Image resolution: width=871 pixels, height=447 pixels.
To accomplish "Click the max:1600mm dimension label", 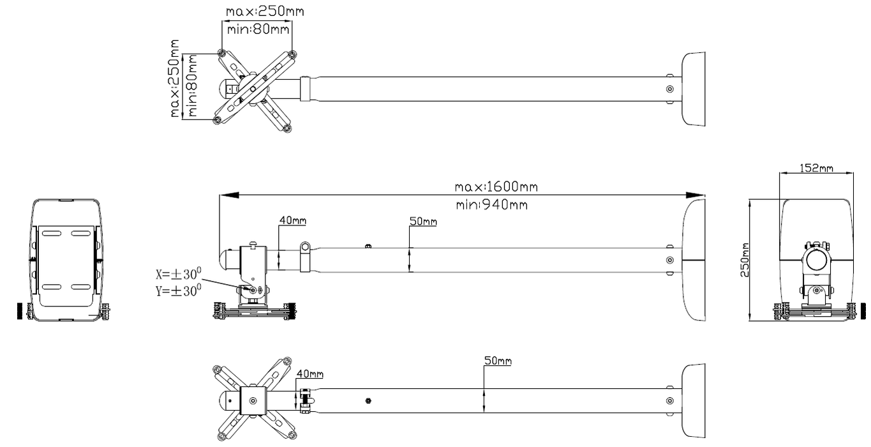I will click(496, 187).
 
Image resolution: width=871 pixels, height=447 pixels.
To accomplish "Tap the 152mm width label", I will click(816, 168).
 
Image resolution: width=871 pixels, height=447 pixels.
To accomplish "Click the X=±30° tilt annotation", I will click(179, 275).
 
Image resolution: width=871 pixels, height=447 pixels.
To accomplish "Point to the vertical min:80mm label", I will click(192, 86).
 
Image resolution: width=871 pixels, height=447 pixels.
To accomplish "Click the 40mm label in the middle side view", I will click(292, 221).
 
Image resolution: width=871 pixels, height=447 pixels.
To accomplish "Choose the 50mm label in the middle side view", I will click(423, 222).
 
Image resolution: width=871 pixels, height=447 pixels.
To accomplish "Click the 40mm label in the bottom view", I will click(309, 374).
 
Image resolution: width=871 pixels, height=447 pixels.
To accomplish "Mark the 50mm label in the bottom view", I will click(498, 361).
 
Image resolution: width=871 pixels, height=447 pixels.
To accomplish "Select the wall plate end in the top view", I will click(694, 89).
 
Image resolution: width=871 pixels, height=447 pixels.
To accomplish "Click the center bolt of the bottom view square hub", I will click(253, 400).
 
